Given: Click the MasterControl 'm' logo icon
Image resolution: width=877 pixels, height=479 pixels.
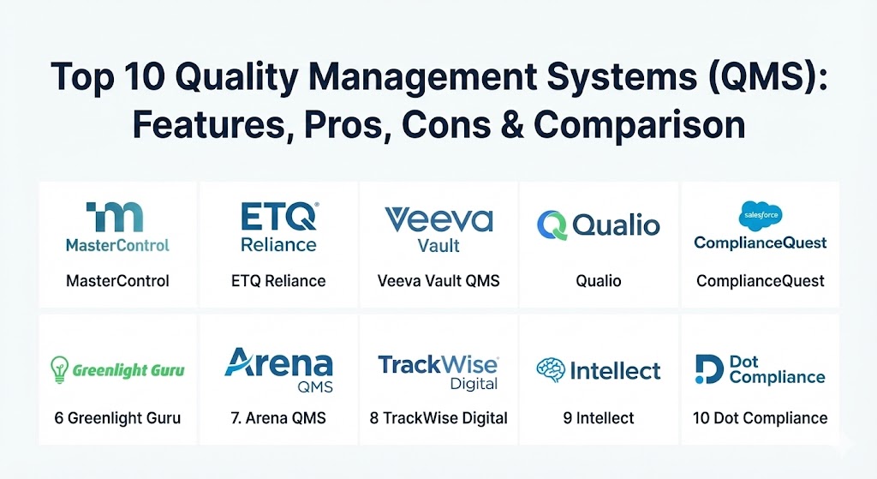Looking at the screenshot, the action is (115, 217).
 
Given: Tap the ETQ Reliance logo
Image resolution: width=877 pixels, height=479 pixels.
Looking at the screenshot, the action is (279, 227).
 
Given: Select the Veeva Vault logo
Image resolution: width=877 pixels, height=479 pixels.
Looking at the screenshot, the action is (439, 230).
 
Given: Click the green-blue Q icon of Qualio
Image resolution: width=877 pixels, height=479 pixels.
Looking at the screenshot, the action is (552, 225).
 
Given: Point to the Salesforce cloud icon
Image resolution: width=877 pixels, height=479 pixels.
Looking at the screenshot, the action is (761, 215).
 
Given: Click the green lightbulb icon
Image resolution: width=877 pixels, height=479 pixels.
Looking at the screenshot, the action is (59, 369).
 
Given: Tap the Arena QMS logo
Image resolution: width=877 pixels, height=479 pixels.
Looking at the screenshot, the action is (278, 370).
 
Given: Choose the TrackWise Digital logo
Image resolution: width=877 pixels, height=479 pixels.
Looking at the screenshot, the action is (438, 372).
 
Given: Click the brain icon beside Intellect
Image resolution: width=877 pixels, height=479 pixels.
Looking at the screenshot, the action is (551, 370).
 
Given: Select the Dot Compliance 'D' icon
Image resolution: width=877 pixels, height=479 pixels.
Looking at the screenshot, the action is (709, 369).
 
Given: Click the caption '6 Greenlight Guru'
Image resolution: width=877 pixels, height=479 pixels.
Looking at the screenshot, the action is (117, 418).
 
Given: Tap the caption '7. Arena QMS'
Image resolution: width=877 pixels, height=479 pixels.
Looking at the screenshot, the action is (278, 418).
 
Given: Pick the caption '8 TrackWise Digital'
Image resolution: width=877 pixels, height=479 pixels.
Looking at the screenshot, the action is (438, 418).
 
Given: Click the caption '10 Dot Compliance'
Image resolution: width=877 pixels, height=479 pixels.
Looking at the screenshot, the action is (761, 418).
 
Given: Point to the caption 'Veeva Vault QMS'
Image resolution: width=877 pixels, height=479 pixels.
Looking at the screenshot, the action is (438, 280).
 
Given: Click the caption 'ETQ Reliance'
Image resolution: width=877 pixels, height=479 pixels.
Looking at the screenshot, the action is (278, 280).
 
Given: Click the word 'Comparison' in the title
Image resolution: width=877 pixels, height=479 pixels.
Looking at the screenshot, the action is (639, 124).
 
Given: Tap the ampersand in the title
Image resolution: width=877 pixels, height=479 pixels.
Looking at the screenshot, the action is (512, 124).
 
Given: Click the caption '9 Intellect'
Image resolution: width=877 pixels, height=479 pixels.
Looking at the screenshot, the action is (599, 418).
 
